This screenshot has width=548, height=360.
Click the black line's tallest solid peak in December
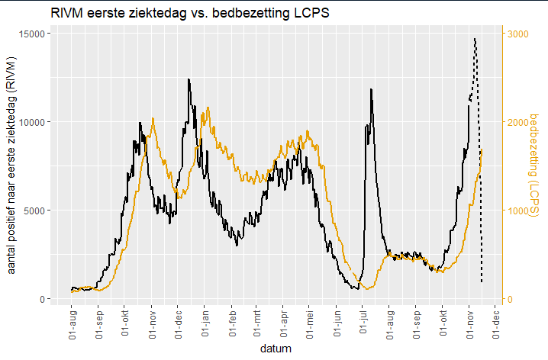(x=189, y=79)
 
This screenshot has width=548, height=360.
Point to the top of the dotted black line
(x=475, y=38)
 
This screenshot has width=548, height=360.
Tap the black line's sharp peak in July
(x=371, y=89)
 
